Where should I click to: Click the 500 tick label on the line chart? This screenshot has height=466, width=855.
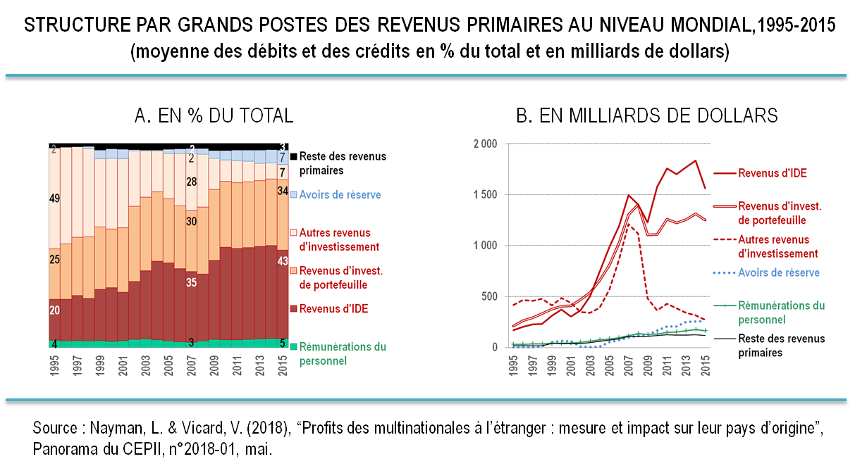(489, 296)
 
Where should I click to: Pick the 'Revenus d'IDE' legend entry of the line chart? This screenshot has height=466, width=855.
(772, 173)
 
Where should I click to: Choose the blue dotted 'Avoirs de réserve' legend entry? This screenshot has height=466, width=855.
(778, 272)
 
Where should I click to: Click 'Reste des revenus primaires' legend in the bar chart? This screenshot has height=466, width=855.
(343, 163)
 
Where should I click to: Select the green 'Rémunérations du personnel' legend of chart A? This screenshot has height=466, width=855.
(343, 353)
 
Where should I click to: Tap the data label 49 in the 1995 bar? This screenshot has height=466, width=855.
(54, 199)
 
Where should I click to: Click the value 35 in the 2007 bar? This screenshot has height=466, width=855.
(191, 283)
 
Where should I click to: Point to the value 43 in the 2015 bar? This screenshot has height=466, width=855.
(282, 262)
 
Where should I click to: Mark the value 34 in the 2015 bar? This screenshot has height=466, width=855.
(282, 191)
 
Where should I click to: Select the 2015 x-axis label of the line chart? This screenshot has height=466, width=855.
(705, 367)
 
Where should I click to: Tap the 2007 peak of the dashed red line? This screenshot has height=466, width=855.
(629, 225)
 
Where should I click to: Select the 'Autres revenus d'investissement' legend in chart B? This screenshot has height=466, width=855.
(777, 246)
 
